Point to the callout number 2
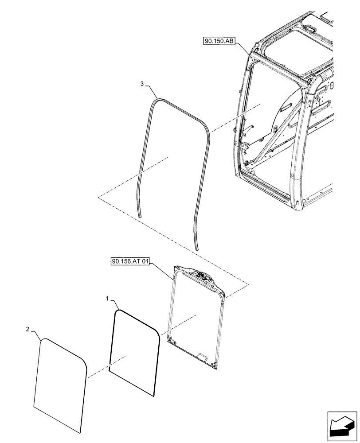[x=27, y=329]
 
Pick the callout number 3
[x=141, y=84]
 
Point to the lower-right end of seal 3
[x=196, y=246]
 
